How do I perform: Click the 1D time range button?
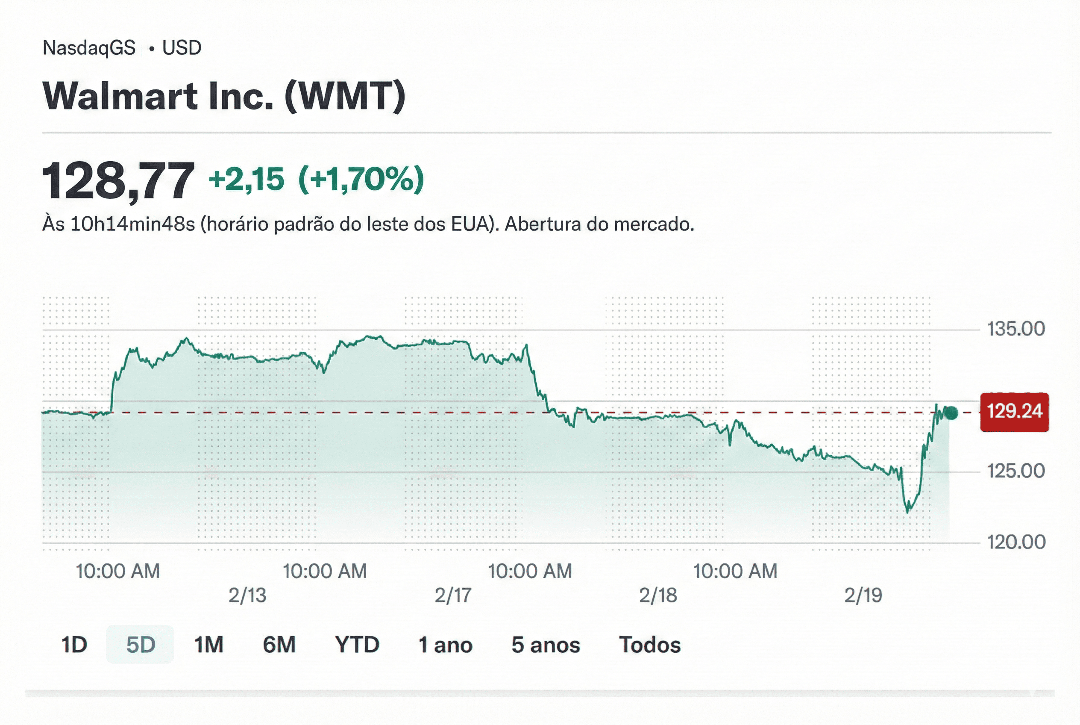[74, 645]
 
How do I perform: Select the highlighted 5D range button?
[141, 645]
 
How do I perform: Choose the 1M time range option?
[208, 645]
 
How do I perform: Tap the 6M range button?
[279, 645]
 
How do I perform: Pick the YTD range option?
[357, 645]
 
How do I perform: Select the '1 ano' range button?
[445, 645]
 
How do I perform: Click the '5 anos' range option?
[545, 645]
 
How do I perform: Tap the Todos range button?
[650, 645]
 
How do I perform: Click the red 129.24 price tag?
[1014, 412]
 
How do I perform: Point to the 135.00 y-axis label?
[1016, 329]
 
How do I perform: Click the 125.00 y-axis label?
[1016, 471]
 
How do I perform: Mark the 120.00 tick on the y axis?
[1016, 542]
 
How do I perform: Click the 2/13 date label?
[247, 595]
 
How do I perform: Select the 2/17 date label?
[453, 595]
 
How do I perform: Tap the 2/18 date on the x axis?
[658, 595]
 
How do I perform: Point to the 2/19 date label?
[863, 595]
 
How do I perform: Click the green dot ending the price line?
[951, 413]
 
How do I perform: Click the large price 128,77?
[118, 181]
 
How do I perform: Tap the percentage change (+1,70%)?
[361, 179]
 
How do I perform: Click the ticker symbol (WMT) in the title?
[345, 96]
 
